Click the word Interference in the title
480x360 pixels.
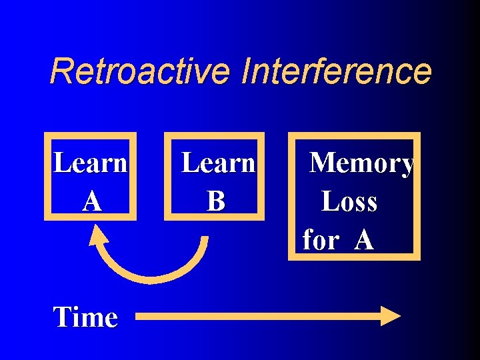337,71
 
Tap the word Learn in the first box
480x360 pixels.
90,162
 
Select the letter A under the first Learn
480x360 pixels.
92,201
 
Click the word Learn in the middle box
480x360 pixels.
218,162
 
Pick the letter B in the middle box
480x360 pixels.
215,201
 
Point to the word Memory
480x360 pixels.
361,163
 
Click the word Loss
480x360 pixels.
349,201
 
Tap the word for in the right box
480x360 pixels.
320,240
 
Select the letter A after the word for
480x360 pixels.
363,239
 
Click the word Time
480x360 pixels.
85,317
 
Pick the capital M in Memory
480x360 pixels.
325,163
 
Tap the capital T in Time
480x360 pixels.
62,317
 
